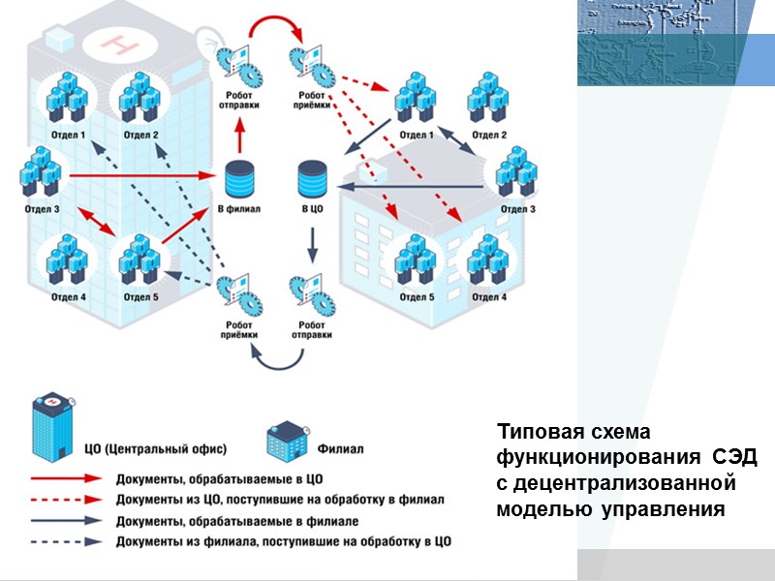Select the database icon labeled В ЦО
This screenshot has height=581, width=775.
(312, 179)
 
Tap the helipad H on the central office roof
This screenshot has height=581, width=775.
(120, 44)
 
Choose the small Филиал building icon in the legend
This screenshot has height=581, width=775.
(288, 441)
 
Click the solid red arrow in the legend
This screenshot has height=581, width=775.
(66, 478)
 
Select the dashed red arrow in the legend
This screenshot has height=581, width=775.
(66, 500)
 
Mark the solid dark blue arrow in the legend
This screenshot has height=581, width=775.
(66, 521)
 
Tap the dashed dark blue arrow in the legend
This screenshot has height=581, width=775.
(66, 542)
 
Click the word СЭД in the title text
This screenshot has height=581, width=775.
(734, 456)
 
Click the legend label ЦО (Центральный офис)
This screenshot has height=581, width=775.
(156, 449)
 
